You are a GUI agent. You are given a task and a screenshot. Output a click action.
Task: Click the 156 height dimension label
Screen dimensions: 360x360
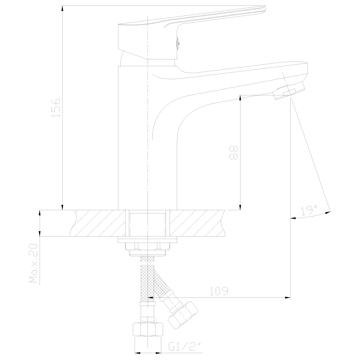pos(56,108)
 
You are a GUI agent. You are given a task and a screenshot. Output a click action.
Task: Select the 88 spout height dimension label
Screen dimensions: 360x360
pos(234,152)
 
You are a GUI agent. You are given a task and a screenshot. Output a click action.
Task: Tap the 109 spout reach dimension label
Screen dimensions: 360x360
pos(219,291)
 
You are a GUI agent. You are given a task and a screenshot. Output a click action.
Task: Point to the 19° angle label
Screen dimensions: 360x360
pos(309,210)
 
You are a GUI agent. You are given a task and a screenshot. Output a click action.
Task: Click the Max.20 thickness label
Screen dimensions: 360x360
pos(33,263)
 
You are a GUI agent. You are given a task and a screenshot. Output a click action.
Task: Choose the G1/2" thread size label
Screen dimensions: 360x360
pos(185,347)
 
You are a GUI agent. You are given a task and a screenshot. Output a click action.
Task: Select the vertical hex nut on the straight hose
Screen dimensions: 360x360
pos(148,329)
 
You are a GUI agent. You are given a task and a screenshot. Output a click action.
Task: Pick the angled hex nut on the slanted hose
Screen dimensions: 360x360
pos(183,315)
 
